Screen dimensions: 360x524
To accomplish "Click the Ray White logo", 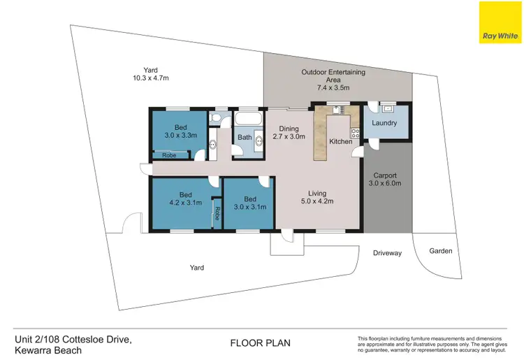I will point(500,22).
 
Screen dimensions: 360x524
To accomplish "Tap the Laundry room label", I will point(384,123).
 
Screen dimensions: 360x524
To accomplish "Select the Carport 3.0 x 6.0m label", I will point(384,180).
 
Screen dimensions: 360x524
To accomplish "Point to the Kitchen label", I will point(341,142).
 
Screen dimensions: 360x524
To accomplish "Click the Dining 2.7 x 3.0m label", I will point(289,133).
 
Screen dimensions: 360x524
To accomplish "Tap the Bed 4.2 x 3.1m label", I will point(185,199).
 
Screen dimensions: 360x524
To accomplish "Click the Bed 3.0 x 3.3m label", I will point(180,131).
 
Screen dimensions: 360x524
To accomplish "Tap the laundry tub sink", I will point(386,108).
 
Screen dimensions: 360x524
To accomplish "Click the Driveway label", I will point(387,253).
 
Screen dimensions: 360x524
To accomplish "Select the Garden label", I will point(440,250).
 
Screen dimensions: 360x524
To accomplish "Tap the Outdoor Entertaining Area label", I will point(333,80).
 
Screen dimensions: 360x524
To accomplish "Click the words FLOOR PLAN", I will point(260,343).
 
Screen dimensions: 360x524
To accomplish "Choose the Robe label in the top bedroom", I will point(169,155).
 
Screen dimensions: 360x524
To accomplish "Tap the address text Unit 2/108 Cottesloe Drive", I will point(73,338).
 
